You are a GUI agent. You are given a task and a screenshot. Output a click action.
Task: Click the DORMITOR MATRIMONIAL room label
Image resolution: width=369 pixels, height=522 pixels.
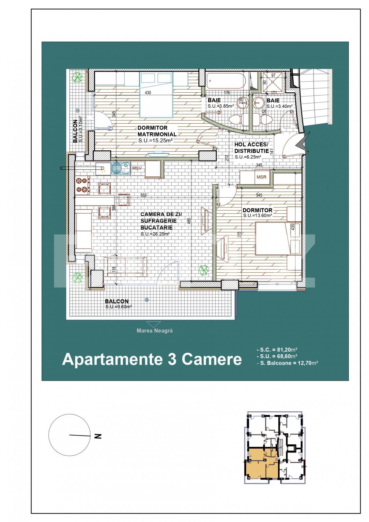157,131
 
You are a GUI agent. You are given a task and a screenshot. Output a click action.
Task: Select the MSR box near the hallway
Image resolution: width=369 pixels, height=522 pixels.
261,177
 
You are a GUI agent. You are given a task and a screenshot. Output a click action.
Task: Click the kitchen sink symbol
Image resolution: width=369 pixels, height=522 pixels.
120,168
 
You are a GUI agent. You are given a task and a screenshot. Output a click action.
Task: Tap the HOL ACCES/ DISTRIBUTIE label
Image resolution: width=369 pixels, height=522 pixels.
251,148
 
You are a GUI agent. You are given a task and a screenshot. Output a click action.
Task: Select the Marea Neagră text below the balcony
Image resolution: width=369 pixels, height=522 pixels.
155,330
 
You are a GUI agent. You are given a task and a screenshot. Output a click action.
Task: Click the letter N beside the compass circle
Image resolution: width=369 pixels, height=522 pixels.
97,436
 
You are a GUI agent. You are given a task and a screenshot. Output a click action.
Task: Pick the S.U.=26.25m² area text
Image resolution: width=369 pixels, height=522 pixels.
155,234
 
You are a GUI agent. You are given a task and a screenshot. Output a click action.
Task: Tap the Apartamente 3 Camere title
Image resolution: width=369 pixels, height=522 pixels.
152,359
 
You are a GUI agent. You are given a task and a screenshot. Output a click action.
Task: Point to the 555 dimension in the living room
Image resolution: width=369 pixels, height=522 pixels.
143,195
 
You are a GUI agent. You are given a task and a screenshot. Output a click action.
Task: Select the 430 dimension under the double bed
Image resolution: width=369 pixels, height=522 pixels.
147,93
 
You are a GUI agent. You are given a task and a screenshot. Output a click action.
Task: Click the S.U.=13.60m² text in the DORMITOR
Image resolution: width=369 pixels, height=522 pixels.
257,216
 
